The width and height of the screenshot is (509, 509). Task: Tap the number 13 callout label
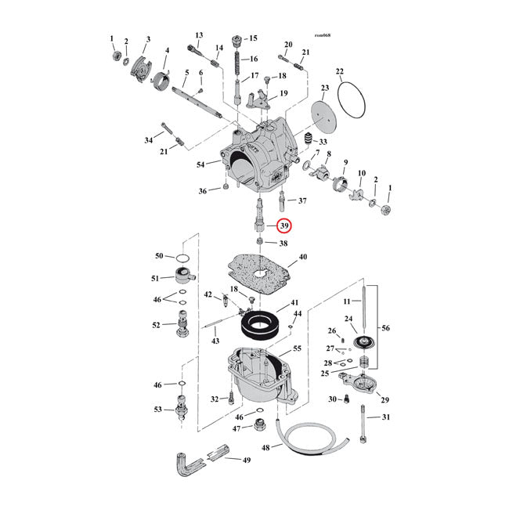point(199,35)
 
